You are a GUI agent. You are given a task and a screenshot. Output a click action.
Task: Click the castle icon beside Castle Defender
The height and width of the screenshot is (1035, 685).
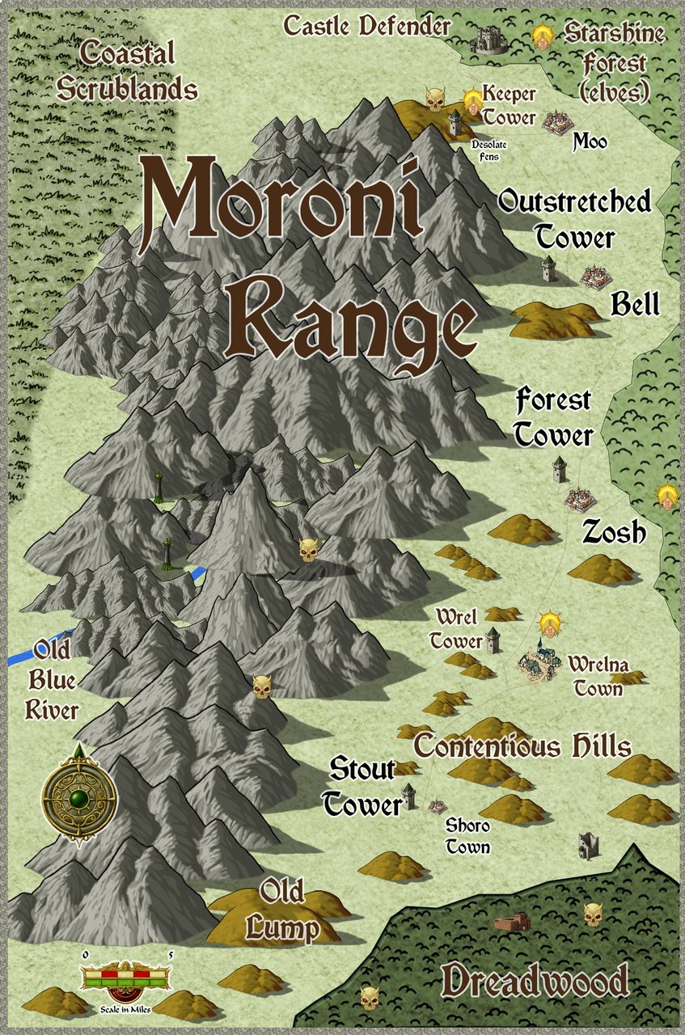pyautogui.click(x=490, y=39)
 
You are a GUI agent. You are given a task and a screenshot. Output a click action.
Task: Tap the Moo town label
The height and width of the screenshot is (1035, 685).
pyautogui.click(x=590, y=142)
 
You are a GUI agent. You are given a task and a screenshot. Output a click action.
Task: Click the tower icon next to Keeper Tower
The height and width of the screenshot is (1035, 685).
pyautogui.click(x=455, y=123)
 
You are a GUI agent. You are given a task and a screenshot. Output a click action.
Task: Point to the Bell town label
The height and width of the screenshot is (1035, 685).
pyautogui.click(x=635, y=304)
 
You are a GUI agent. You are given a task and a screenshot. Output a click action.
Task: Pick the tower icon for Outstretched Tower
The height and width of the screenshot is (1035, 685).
pyautogui.click(x=549, y=268)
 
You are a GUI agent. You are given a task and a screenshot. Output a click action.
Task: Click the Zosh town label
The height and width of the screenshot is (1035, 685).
pyautogui.click(x=614, y=532)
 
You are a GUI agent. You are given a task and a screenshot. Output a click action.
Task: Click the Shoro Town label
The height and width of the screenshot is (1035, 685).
pyautogui.click(x=467, y=836)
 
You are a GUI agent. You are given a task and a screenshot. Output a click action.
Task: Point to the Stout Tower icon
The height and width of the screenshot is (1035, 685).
pyautogui.click(x=410, y=796)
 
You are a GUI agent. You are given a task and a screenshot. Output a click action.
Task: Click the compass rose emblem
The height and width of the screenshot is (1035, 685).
pyautogui.click(x=78, y=794)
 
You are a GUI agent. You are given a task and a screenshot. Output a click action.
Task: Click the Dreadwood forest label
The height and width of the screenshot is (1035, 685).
pyautogui.click(x=535, y=982)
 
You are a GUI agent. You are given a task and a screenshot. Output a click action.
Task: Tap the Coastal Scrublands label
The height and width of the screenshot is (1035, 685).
pyautogui.click(x=128, y=71)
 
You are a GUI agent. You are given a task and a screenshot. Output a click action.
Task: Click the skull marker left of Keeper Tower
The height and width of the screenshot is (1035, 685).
pyautogui.click(x=435, y=99)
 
